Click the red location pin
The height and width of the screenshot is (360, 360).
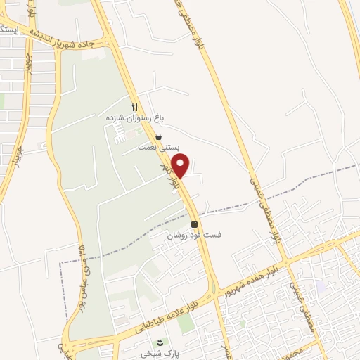[181, 166]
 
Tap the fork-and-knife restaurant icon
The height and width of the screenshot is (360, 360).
[134, 107]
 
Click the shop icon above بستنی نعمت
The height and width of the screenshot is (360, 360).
[160, 136]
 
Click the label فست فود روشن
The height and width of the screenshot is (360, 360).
[193, 236]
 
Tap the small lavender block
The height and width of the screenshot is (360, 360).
[321, 287]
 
